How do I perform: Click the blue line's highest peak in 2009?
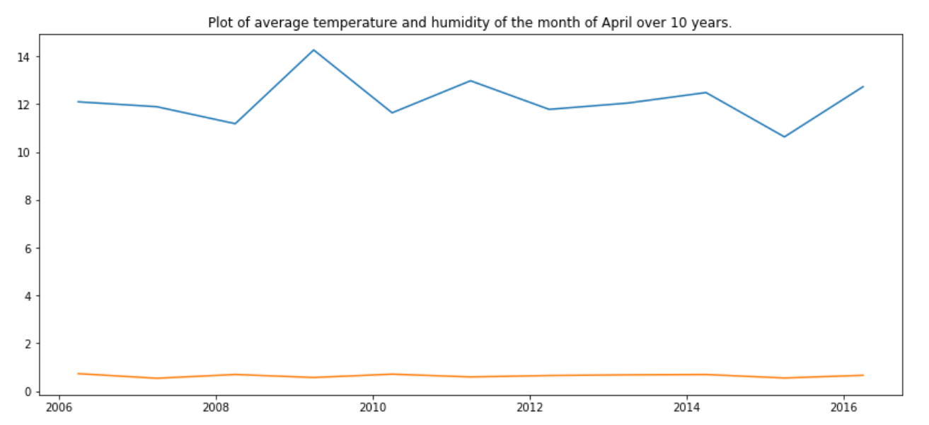point(313,50)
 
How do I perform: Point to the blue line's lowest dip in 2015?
point(784,137)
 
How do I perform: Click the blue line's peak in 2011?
point(471,81)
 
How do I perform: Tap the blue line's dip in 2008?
point(235,124)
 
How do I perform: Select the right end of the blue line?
point(862,86)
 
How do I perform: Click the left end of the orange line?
point(78,373)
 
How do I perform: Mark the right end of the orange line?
point(862,375)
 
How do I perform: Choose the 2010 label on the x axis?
point(372,409)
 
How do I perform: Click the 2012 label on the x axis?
point(529,409)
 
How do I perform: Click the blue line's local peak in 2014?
point(705,92)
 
